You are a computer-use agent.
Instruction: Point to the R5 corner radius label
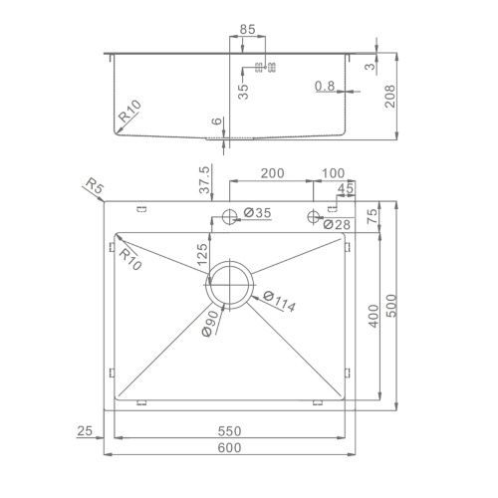93,186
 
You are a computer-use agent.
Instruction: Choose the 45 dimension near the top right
346,188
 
